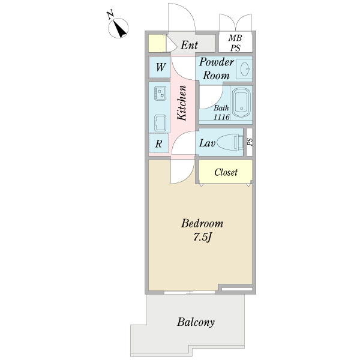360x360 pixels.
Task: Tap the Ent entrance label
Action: click(190, 45)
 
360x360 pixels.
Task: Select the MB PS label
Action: click(235, 43)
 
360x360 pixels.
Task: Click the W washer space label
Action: click(161, 67)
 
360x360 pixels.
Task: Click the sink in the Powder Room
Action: click(245, 69)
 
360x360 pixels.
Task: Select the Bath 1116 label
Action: click(221, 113)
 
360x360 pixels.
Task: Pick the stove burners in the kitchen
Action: click(161, 94)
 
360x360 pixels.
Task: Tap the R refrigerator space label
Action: click(159, 144)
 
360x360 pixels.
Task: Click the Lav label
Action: click(207, 143)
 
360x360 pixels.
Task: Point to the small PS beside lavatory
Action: click(250, 143)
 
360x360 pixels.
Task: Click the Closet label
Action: click(226, 172)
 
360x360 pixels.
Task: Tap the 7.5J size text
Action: click(203, 237)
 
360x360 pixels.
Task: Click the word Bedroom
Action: click(202, 224)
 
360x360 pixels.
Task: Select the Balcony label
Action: click(196, 322)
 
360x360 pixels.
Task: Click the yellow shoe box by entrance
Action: click(157, 44)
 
